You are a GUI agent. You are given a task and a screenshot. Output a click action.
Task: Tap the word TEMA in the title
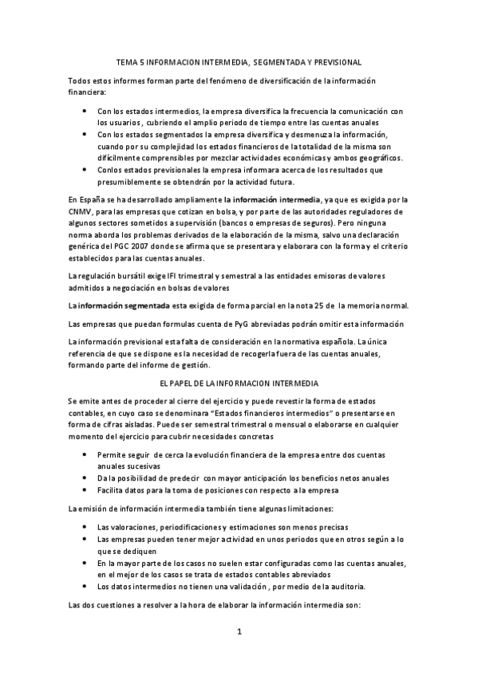[x=126, y=61]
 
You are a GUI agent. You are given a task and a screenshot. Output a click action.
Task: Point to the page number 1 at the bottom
[x=239, y=631]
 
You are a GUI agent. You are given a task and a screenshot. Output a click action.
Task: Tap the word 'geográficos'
[x=377, y=158]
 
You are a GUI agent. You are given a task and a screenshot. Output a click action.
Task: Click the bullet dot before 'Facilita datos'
[x=86, y=489]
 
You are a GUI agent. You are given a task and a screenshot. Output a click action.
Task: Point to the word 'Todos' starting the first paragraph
[x=81, y=81]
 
